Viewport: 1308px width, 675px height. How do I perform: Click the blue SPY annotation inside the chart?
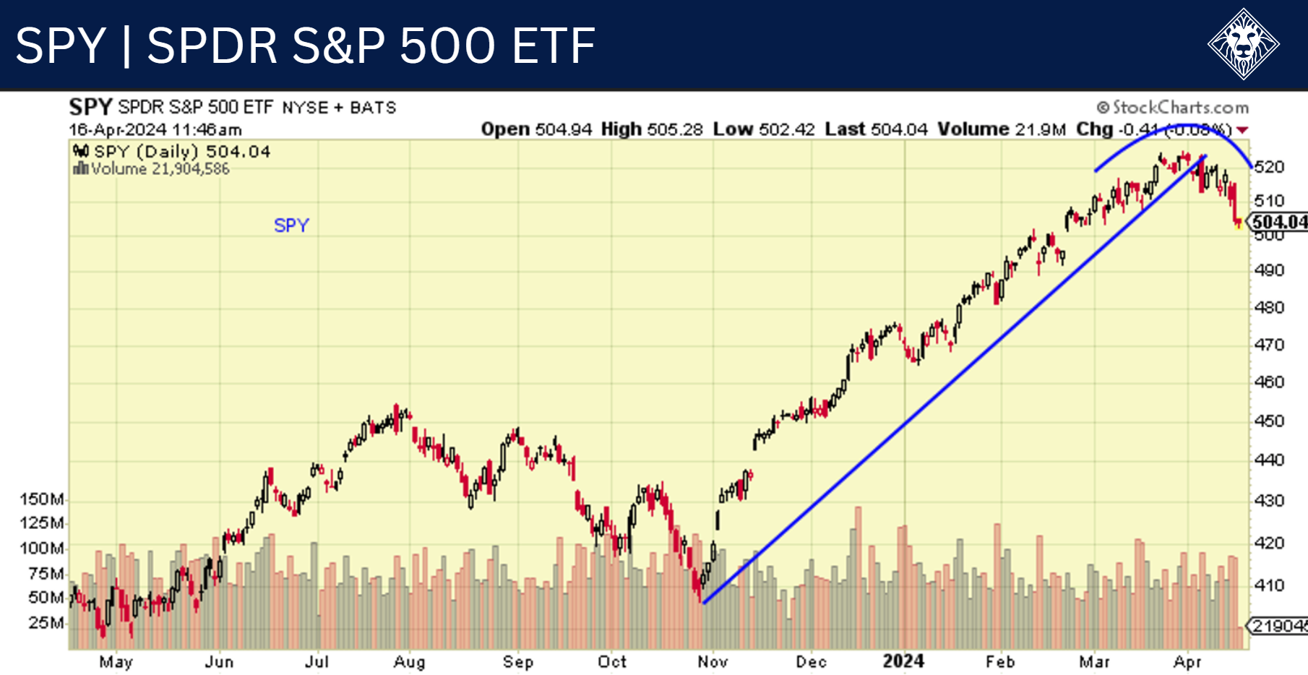click(291, 225)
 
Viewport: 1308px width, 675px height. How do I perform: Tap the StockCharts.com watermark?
click(1173, 108)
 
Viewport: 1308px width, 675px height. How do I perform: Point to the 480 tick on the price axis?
click(1269, 308)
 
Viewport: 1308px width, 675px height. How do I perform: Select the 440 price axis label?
click(1269, 460)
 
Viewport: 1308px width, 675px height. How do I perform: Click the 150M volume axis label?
click(41, 499)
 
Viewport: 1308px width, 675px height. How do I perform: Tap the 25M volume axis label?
click(46, 622)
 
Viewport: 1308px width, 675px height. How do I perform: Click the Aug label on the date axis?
click(409, 662)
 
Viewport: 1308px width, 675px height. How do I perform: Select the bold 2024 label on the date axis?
click(903, 661)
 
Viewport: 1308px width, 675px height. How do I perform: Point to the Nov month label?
click(713, 662)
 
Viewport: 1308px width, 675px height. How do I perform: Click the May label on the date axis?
click(116, 662)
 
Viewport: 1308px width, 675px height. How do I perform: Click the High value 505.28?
click(675, 129)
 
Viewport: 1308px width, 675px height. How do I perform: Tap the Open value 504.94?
click(563, 129)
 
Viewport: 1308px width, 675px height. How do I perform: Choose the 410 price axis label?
click(1269, 585)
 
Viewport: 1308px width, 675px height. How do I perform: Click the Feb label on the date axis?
click(1000, 662)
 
